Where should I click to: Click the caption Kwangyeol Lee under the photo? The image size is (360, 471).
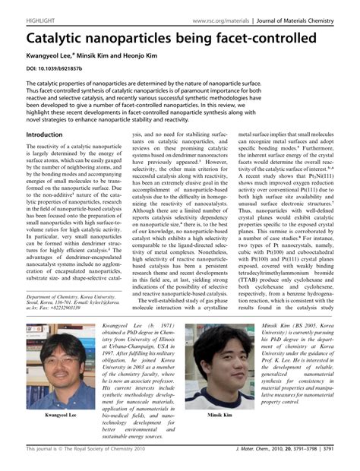61,416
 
